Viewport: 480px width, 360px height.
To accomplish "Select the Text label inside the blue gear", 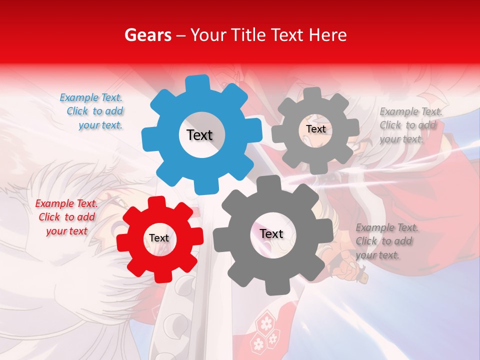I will (199, 135).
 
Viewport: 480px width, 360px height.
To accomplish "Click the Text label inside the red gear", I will (159, 238).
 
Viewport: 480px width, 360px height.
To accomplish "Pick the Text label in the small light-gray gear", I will (315, 129).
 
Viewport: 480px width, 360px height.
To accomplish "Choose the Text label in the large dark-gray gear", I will (271, 233).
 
